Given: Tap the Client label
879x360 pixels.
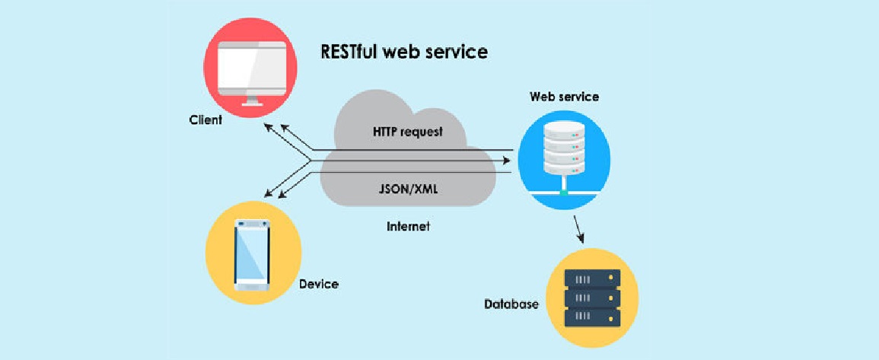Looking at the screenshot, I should click(x=205, y=120).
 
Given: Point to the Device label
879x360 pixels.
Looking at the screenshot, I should click(x=319, y=285).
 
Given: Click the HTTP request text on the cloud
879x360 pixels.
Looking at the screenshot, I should click(x=408, y=132).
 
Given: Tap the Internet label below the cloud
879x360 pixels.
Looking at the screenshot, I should click(x=409, y=226).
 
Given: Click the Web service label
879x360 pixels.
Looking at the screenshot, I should click(x=564, y=97).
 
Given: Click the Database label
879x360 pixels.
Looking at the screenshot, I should click(x=511, y=304).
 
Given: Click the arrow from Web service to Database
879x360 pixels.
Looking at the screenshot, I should click(x=579, y=228).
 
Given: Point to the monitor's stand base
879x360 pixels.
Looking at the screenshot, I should click(x=252, y=104).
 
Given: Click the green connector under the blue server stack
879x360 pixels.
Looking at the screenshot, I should click(x=563, y=193).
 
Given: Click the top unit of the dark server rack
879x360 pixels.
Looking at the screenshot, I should click(x=591, y=279).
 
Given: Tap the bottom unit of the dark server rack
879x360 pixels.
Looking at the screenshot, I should click(x=591, y=316).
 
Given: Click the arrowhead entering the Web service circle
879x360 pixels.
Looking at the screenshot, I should click(x=512, y=161).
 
